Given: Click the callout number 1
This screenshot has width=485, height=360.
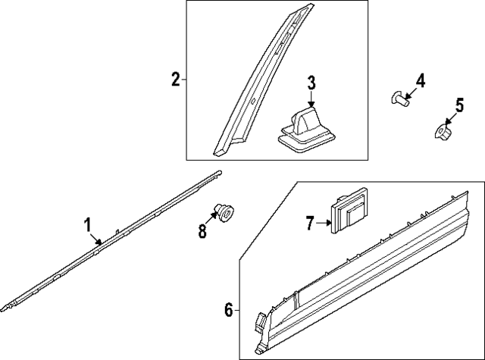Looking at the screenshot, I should coord(87,224).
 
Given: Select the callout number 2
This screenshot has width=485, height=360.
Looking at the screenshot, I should coord(175,78).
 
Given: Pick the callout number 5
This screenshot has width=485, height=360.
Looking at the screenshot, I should coord(459,105).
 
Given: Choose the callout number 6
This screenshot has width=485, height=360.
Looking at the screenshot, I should coord(228,309).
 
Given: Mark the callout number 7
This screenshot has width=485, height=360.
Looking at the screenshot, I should coord(309,223).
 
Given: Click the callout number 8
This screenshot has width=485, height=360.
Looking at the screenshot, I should coord(202,232).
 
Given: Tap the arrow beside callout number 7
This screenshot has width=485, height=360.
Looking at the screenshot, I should coord(324,223).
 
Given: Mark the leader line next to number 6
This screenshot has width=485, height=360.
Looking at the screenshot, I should coord(236,309).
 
